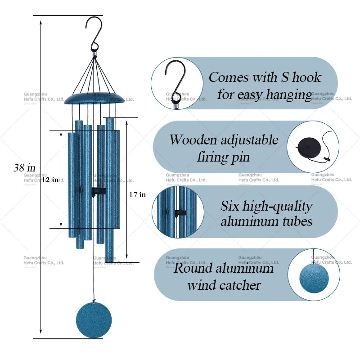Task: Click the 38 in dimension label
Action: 24,168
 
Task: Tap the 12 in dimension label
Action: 50,180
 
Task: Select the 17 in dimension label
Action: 137,195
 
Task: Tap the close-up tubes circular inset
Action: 178,212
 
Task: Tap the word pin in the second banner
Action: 239,157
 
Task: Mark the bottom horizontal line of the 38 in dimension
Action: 68,339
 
